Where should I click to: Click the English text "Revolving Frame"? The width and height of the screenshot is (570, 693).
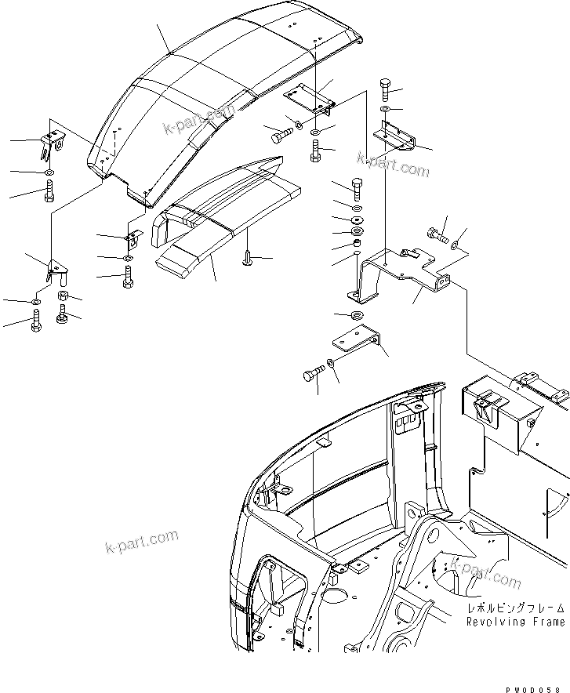515,622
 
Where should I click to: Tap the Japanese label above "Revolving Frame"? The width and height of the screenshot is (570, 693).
515,608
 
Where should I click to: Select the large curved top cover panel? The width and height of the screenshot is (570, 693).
227,86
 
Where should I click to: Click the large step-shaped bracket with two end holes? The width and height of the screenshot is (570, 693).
400,274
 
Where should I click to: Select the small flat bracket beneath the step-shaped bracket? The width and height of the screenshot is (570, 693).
357,342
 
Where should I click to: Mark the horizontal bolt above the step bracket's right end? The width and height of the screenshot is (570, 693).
437,233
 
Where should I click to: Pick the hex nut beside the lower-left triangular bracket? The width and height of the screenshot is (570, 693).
66,296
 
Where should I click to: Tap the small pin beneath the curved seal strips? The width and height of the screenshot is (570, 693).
248,256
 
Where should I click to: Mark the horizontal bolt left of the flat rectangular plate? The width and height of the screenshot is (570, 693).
281,137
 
